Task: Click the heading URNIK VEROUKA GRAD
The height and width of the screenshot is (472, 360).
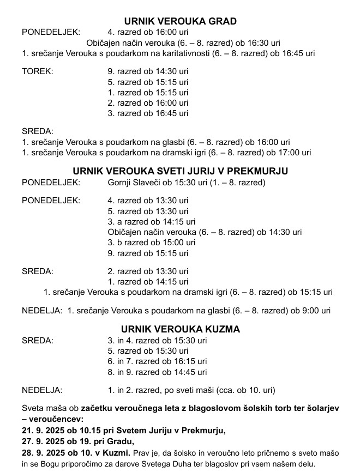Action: pyautogui.click(x=180, y=21)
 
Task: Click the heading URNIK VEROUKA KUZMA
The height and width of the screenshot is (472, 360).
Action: pyautogui.click(x=180, y=330)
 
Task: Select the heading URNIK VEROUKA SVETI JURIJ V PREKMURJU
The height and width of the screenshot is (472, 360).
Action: pyautogui.click(x=180, y=171)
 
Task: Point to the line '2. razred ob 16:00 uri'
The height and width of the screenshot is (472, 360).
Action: pyautogui.click(x=148, y=102)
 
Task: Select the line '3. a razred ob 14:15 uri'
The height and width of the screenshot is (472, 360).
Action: pyautogui.click(x=152, y=222)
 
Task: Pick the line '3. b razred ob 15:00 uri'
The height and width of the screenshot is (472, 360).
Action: pyautogui.click(x=152, y=243)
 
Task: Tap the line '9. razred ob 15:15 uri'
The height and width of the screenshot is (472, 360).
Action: pyautogui.click(x=148, y=253)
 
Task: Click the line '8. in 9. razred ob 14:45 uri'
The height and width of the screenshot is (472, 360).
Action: pyautogui.click(x=158, y=372)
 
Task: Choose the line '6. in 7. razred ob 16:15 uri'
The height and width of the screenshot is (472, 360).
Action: pyautogui.click(x=158, y=361)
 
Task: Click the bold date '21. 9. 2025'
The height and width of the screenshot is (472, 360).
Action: pyautogui.click(x=43, y=431)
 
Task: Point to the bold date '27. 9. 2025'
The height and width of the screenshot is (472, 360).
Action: pyautogui.click(x=43, y=441)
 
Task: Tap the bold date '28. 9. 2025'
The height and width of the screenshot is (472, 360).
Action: pyautogui.click(x=43, y=452)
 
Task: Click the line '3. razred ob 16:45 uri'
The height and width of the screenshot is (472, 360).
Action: pyautogui.click(x=148, y=113)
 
